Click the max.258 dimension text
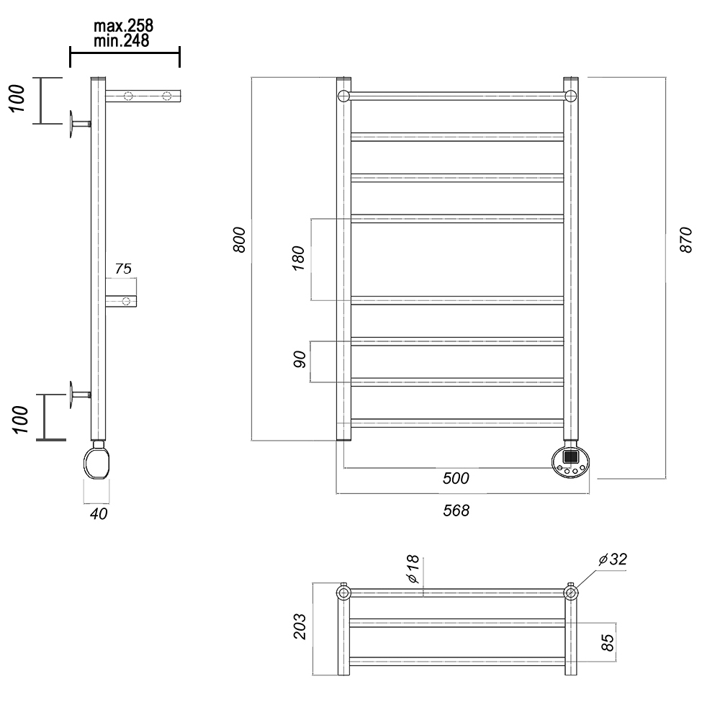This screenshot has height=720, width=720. (123, 26)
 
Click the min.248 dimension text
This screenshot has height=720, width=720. (121, 41)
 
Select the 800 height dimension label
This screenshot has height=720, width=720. (239, 239)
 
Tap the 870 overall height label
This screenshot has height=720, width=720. (685, 239)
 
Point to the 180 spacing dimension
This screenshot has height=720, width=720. (298, 258)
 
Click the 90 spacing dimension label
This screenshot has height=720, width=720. (299, 359)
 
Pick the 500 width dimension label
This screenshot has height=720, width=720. (456, 478)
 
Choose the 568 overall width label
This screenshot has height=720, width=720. (456, 510)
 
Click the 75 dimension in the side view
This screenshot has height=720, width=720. (123, 268)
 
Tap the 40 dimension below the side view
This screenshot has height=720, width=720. (98, 513)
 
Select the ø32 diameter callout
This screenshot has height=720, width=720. (613, 559)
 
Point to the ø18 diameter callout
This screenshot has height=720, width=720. (413, 569)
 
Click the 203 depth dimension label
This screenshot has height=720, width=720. (300, 626)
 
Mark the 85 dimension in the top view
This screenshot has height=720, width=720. (607, 642)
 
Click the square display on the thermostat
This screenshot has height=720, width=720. (570, 457)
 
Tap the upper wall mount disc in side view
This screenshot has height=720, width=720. (71, 124)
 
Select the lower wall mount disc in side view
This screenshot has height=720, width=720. (71, 395)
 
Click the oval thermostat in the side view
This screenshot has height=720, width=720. (97, 463)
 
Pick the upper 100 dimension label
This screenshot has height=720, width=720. (17, 98)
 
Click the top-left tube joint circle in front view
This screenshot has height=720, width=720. (343, 96)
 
